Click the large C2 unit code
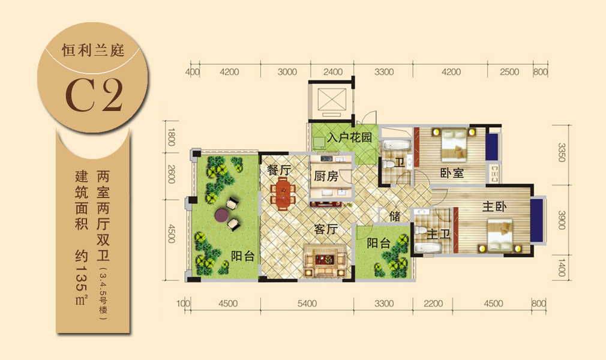point(94,95)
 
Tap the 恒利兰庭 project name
point(93,50)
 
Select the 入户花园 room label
point(349,137)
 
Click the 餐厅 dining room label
point(279,170)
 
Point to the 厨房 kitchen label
point(326,176)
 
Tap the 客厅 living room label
point(326,229)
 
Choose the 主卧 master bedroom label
point(494,207)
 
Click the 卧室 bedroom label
point(452,173)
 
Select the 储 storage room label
point(395,216)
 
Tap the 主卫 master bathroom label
point(439,234)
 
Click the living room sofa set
point(325,260)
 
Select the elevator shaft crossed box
point(332,100)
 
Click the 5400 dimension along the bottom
point(307,304)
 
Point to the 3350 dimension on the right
point(562,152)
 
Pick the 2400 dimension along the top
point(333,72)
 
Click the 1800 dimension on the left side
point(171,137)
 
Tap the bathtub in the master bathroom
point(427,248)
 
